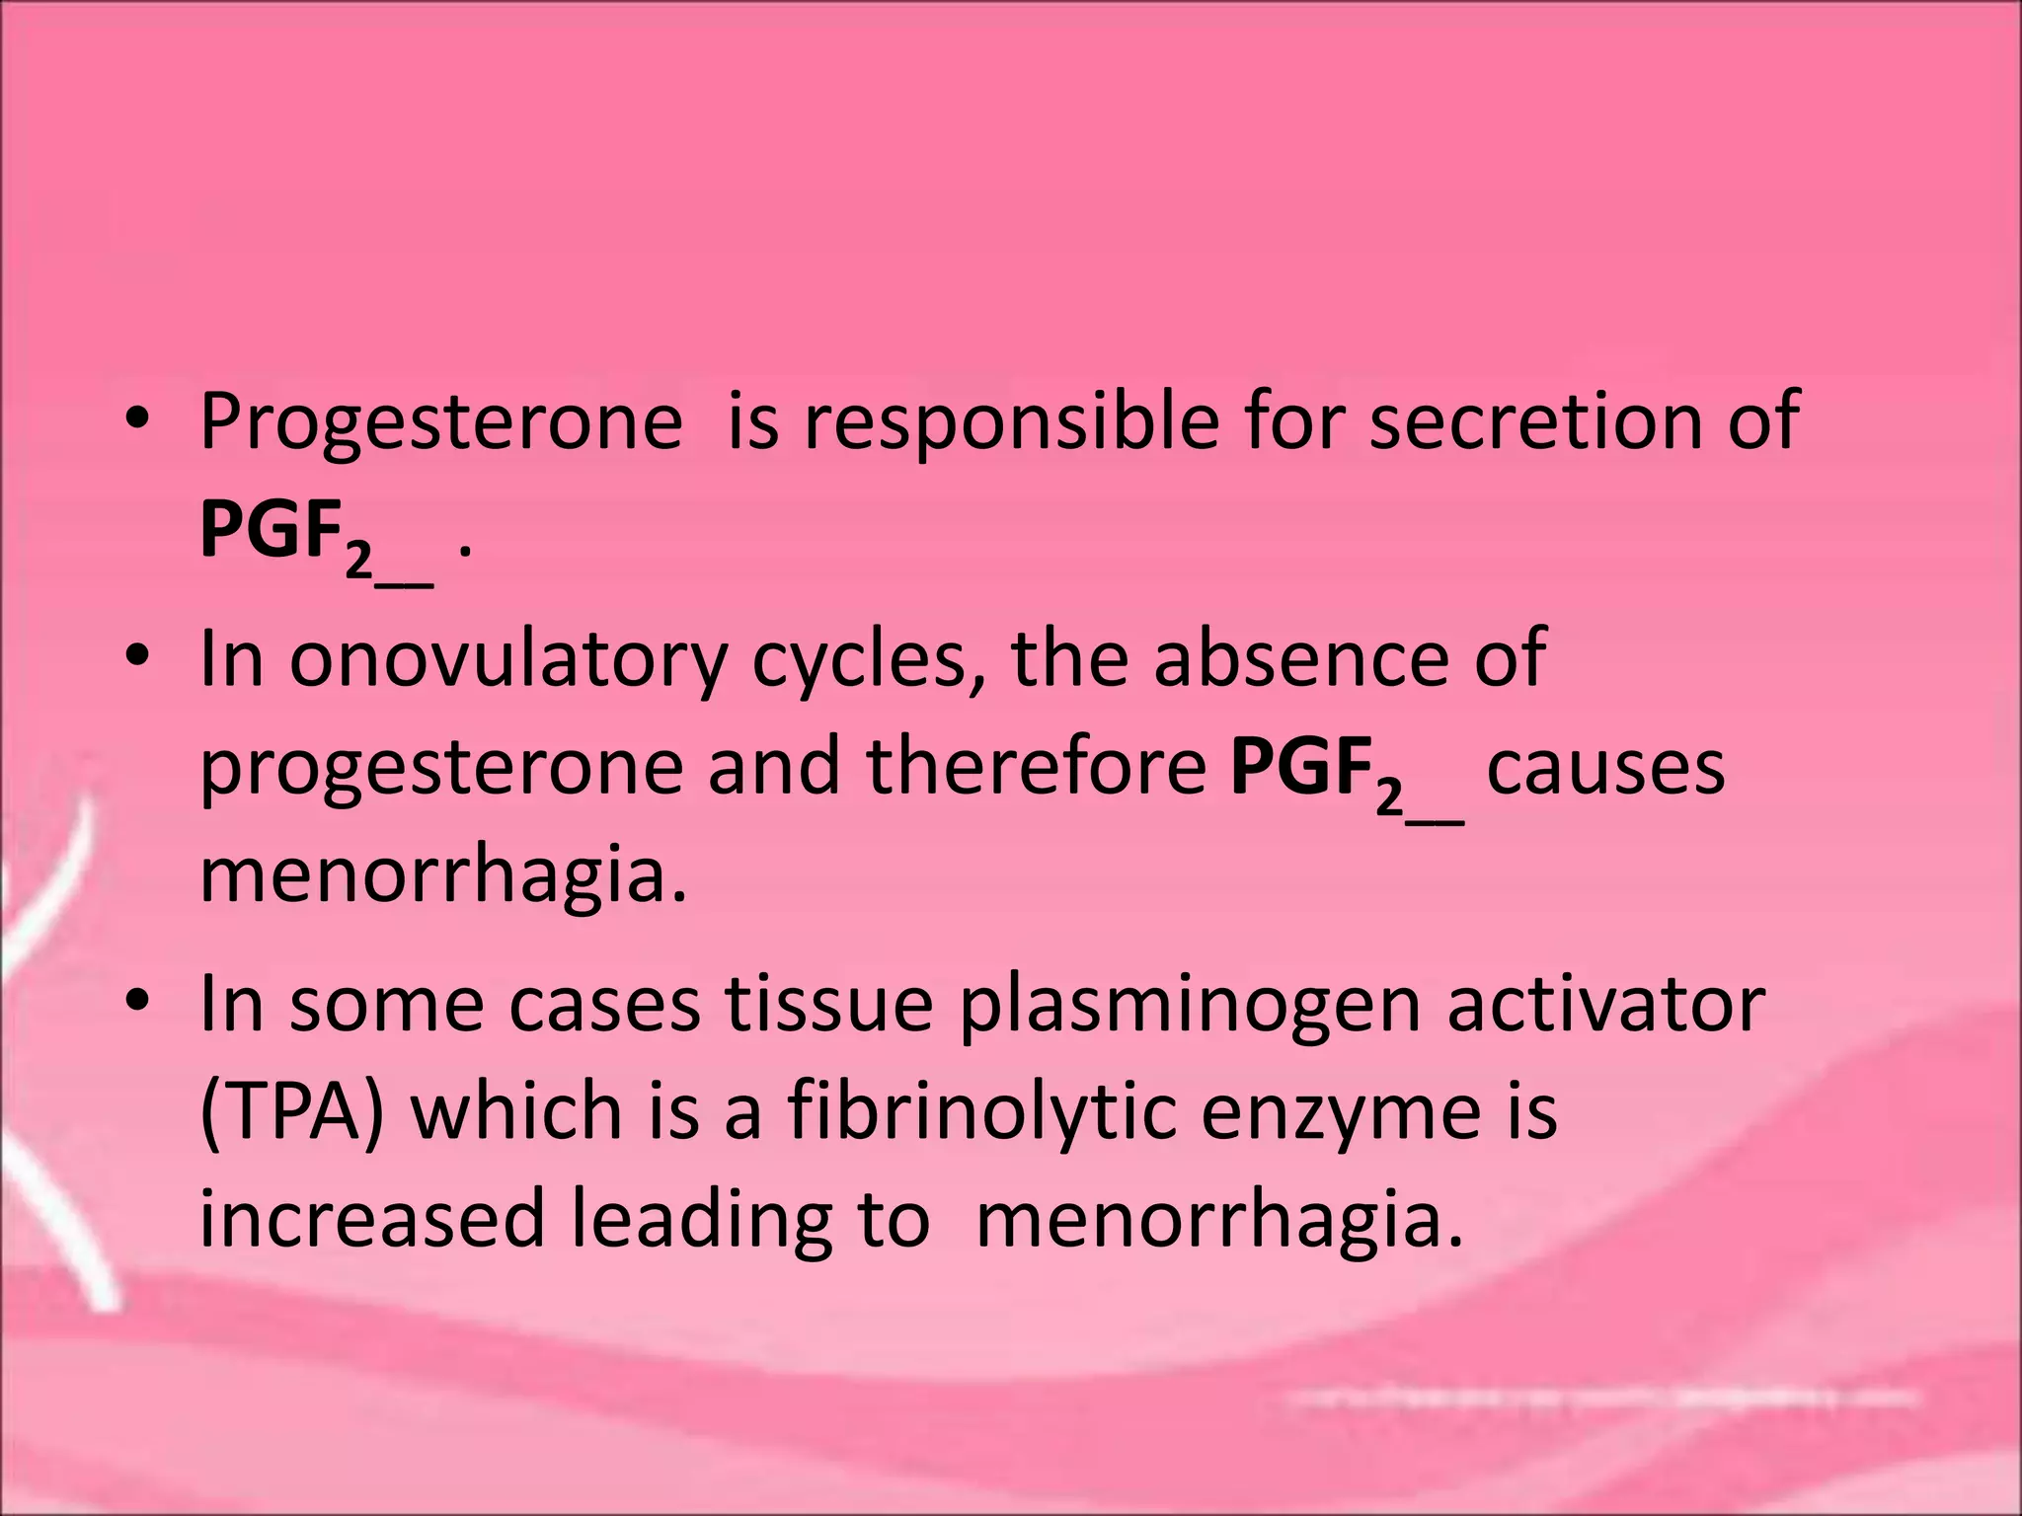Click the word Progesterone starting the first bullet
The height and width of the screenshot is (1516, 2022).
point(440,422)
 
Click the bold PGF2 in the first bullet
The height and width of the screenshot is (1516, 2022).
point(286,533)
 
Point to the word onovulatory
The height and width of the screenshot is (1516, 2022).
point(507,659)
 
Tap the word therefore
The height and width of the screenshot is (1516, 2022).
point(1037,768)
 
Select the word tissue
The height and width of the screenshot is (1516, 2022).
point(829,1005)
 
